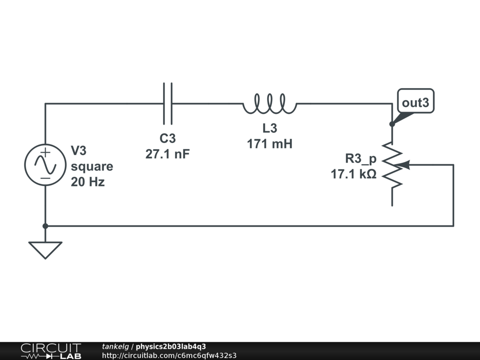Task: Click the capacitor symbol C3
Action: [167, 103]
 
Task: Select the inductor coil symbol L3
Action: [270, 104]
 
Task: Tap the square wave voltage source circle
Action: [45, 165]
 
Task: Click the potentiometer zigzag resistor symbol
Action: [392, 165]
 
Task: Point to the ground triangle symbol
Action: [45, 248]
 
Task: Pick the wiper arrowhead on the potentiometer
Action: [406, 165]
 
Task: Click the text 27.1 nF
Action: [167, 154]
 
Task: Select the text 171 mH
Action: [270, 144]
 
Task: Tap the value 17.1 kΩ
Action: [353, 174]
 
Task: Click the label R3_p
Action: [360, 158]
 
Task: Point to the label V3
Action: [79, 150]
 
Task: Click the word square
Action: [92, 166]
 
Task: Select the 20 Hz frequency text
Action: [88, 182]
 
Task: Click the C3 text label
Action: [167, 139]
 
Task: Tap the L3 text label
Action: [270, 128]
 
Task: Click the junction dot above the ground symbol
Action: [45, 226]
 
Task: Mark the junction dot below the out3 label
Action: [392, 124]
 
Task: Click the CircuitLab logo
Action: [50, 351]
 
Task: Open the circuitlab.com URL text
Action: [169, 355]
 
